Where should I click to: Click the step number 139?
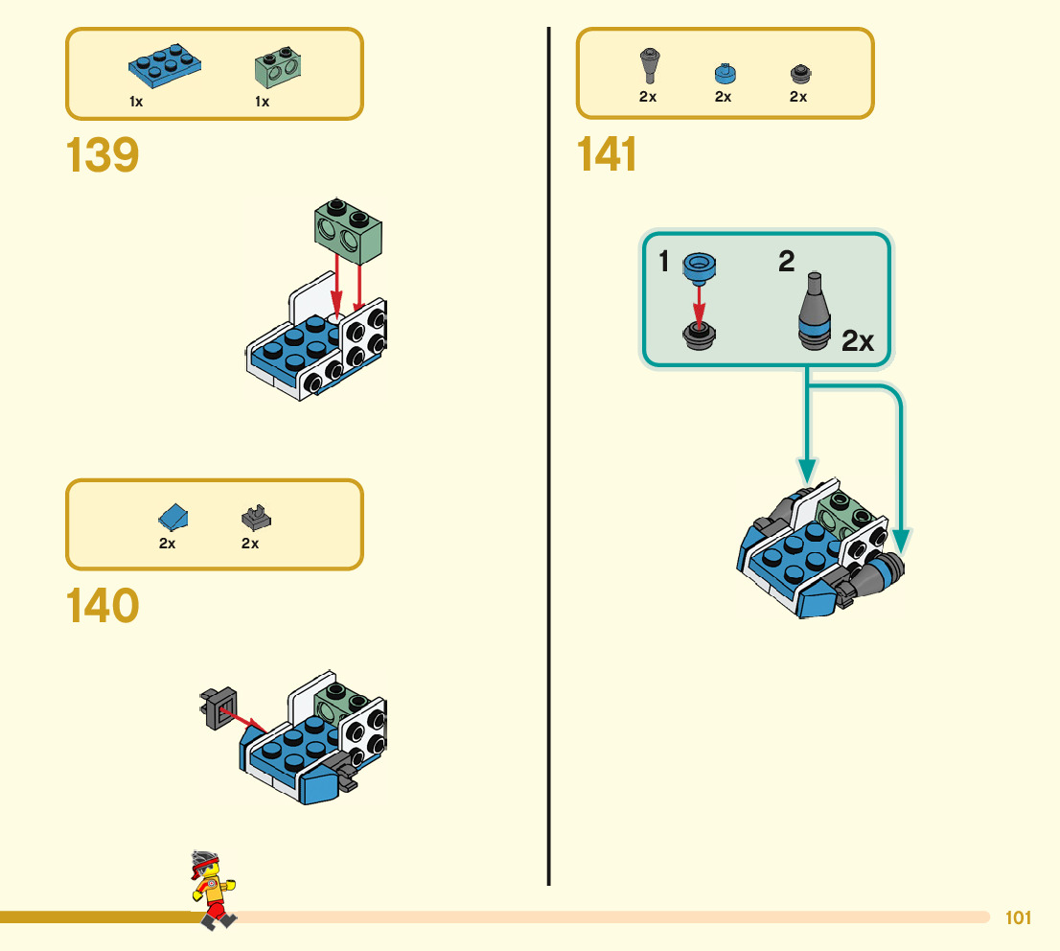pos(103,155)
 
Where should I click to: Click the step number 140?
pos(103,606)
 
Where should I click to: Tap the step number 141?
pos(608,155)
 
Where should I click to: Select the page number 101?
pos(1018,918)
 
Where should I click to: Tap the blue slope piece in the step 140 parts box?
pos(173,518)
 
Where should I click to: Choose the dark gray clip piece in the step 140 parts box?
pos(256,518)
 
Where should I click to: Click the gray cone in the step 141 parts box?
pos(648,67)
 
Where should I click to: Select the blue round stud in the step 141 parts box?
pos(725,73)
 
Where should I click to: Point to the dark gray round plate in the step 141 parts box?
pos(800,73)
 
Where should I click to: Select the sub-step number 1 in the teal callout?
pos(665,262)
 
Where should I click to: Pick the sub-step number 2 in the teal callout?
pos(786,262)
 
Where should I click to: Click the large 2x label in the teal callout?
pos(858,341)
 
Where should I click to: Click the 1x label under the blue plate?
pos(137,102)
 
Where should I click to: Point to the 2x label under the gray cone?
pos(648,97)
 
